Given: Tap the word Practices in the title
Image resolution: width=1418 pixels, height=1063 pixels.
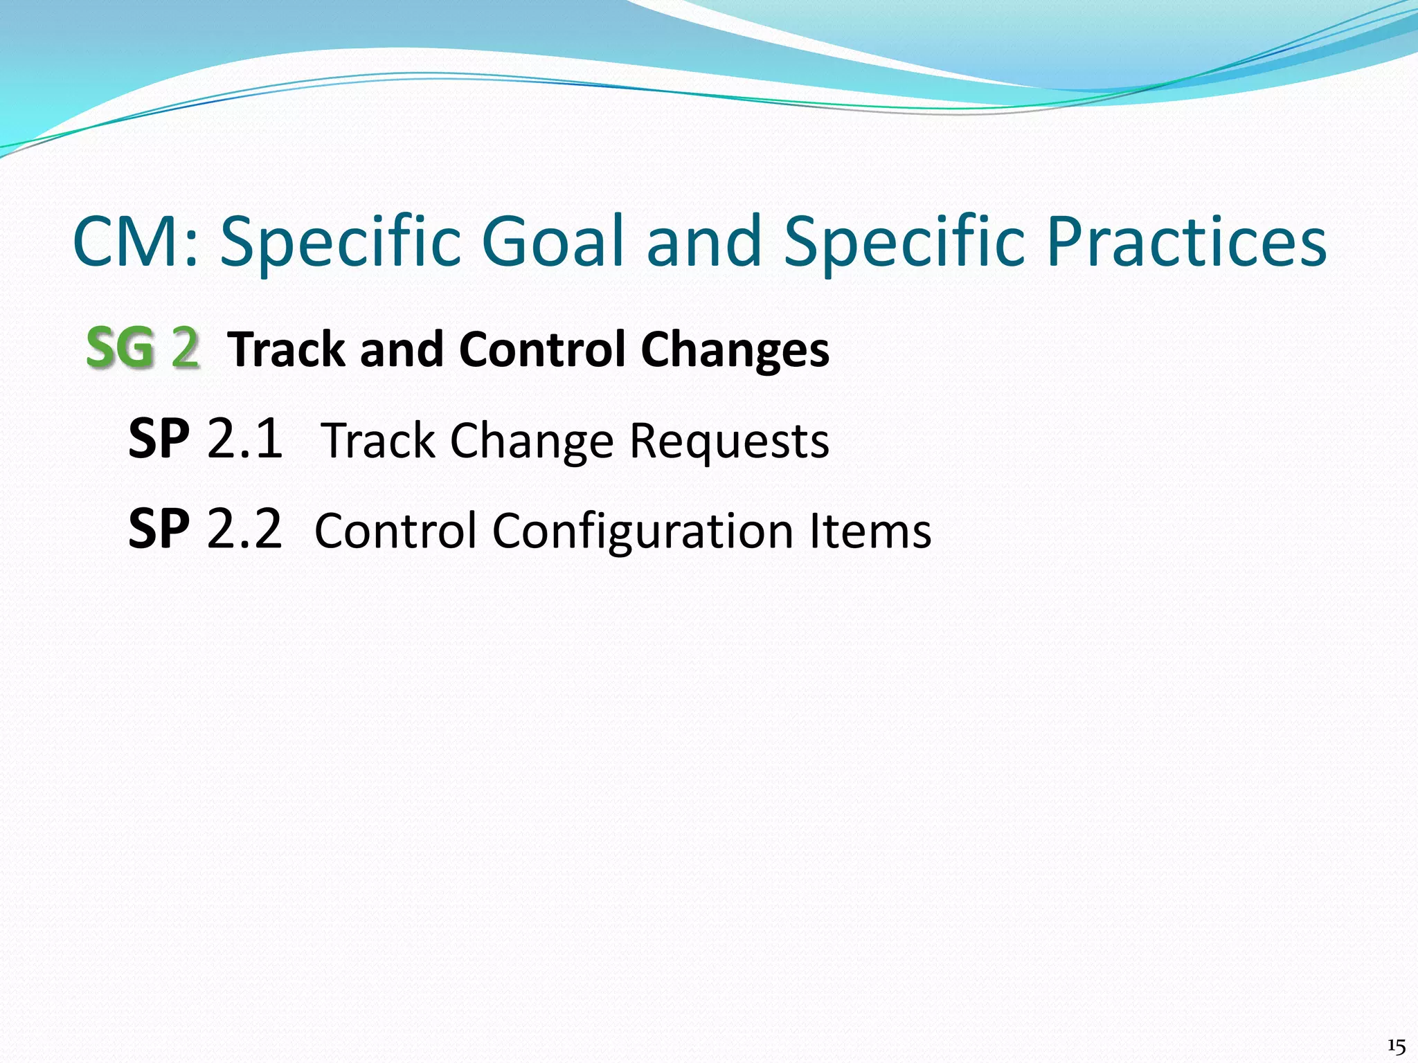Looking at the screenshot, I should click(1186, 242).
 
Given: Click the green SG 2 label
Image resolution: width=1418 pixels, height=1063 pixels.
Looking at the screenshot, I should click(143, 348).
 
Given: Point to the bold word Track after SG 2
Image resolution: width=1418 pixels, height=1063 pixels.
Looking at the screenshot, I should click(286, 349).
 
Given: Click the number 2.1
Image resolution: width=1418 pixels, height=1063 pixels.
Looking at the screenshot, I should click(244, 439).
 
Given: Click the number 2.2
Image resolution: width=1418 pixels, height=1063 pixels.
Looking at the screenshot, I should click(244, 530).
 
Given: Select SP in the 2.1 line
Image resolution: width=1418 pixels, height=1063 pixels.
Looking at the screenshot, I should click(159, 439).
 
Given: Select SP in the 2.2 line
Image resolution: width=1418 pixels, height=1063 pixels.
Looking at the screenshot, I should click(159, 530).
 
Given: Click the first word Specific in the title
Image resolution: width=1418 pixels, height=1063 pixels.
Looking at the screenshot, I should click(340, 242).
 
